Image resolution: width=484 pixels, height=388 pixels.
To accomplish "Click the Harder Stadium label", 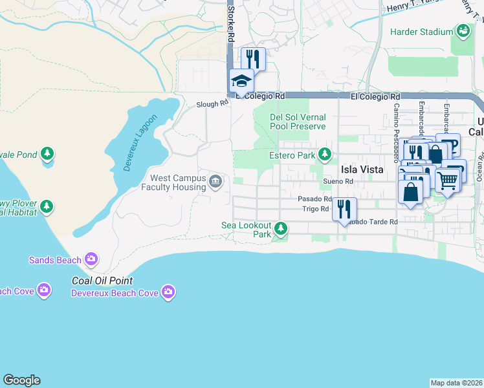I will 421,32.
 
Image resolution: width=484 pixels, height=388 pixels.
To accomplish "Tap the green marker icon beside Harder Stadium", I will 463,30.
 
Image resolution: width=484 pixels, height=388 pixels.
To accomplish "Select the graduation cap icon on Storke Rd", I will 241,81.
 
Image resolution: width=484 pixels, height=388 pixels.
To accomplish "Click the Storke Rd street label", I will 229,23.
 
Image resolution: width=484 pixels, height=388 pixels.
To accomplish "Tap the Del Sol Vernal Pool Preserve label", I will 298,122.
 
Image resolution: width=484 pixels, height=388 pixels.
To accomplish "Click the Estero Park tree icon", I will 325,155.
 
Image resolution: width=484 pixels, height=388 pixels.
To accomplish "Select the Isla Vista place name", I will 362,169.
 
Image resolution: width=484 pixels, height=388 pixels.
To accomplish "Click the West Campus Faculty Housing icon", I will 215,182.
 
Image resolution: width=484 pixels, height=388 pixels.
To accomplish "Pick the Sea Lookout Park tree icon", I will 280,228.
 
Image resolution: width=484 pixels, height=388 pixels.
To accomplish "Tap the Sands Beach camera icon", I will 91,259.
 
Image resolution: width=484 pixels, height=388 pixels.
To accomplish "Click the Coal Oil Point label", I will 102,281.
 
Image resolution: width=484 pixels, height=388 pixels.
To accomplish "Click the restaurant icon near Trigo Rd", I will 344,208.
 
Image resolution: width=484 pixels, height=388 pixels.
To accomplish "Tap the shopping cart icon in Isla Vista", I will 446,181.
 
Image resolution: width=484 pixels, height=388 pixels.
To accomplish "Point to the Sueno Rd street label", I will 340,182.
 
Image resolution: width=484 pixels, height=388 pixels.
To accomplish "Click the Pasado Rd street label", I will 315,199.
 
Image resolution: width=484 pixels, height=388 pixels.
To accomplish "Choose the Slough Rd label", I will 213,103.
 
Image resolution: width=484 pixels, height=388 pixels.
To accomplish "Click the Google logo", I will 21,380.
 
